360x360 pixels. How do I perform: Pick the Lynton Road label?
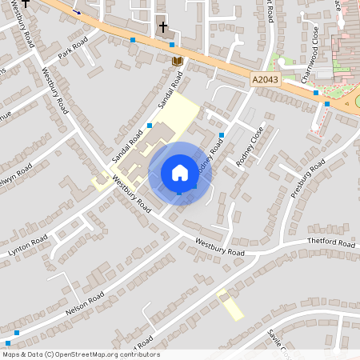coord(28,245)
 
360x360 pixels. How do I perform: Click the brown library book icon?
coord(178,61)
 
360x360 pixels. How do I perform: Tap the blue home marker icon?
coord(180,172)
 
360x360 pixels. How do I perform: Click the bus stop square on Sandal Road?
coord(150,126)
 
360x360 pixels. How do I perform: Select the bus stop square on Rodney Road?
coord(222,134)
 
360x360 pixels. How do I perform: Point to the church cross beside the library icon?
coord(162,27)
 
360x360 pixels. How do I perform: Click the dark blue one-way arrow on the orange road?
coord(78,11)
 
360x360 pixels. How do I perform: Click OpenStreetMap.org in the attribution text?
coord(88,354)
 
